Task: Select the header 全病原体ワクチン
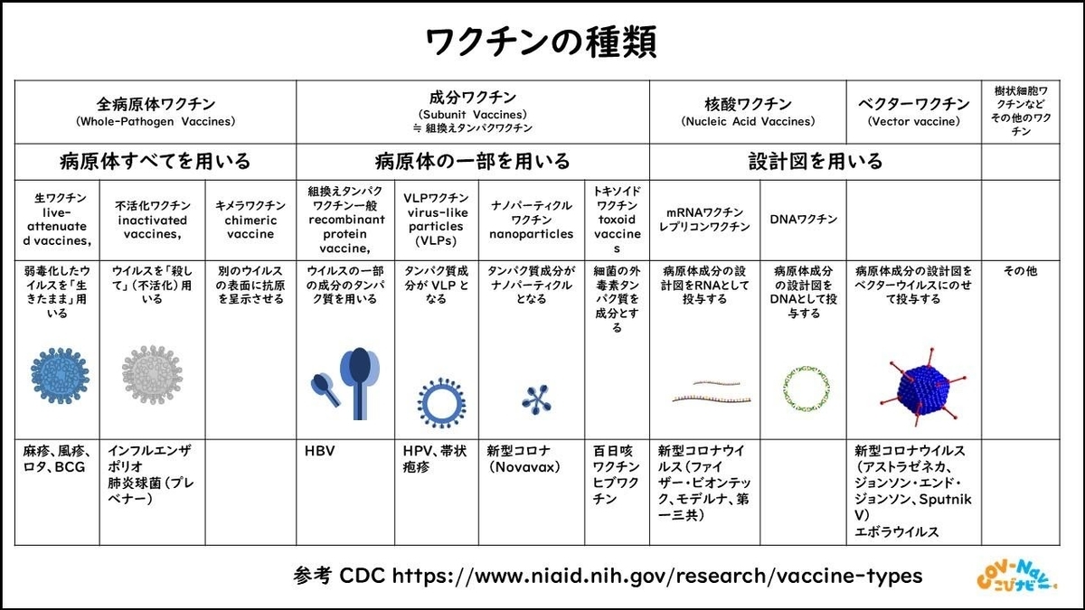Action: click(156, 104)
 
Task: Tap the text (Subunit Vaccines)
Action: click(472, 116)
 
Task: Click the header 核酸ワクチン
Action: click(748, 104)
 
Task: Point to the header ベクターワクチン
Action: click(913, 104)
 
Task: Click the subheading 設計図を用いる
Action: click(815, 162)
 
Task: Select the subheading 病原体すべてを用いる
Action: click(156, 162)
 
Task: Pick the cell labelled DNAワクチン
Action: click(803, 219)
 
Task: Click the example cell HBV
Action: click(321, 450)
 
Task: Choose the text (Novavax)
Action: click(523, 466)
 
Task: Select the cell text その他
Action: click(1019, 269)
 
